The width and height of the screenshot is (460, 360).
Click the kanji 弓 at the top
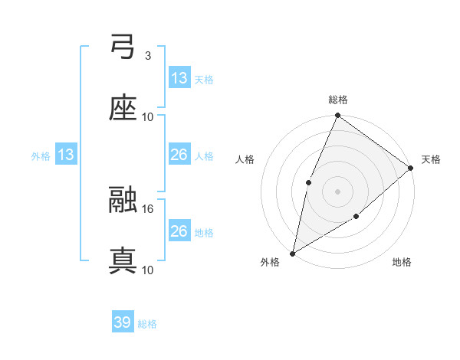tap(123, 47)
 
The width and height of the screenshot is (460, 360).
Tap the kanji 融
tap(123, 200)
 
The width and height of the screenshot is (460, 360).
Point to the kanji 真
tap(123, 260)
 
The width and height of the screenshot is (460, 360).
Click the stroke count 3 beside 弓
tap(147, 56)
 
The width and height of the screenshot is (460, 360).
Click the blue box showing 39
tap(122, 322)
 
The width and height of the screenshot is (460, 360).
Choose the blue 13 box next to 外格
tap(65, 155)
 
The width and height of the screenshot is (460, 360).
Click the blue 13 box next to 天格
tap(179, 77)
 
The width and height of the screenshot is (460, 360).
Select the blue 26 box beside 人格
tap(179, 155)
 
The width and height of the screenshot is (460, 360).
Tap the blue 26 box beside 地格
tap(179, 231)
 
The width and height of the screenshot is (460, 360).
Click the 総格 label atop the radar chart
tap(338, 100)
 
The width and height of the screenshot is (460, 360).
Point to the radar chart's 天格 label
tap(431, 159)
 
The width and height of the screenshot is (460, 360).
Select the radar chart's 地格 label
tap(402, 263)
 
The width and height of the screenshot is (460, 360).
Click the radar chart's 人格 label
tap(245, 159)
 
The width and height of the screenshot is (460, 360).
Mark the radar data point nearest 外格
tap(292, 253)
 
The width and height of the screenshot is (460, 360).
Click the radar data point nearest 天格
tap(411, 168)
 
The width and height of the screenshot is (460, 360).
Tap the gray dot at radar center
tap(337, 191)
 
